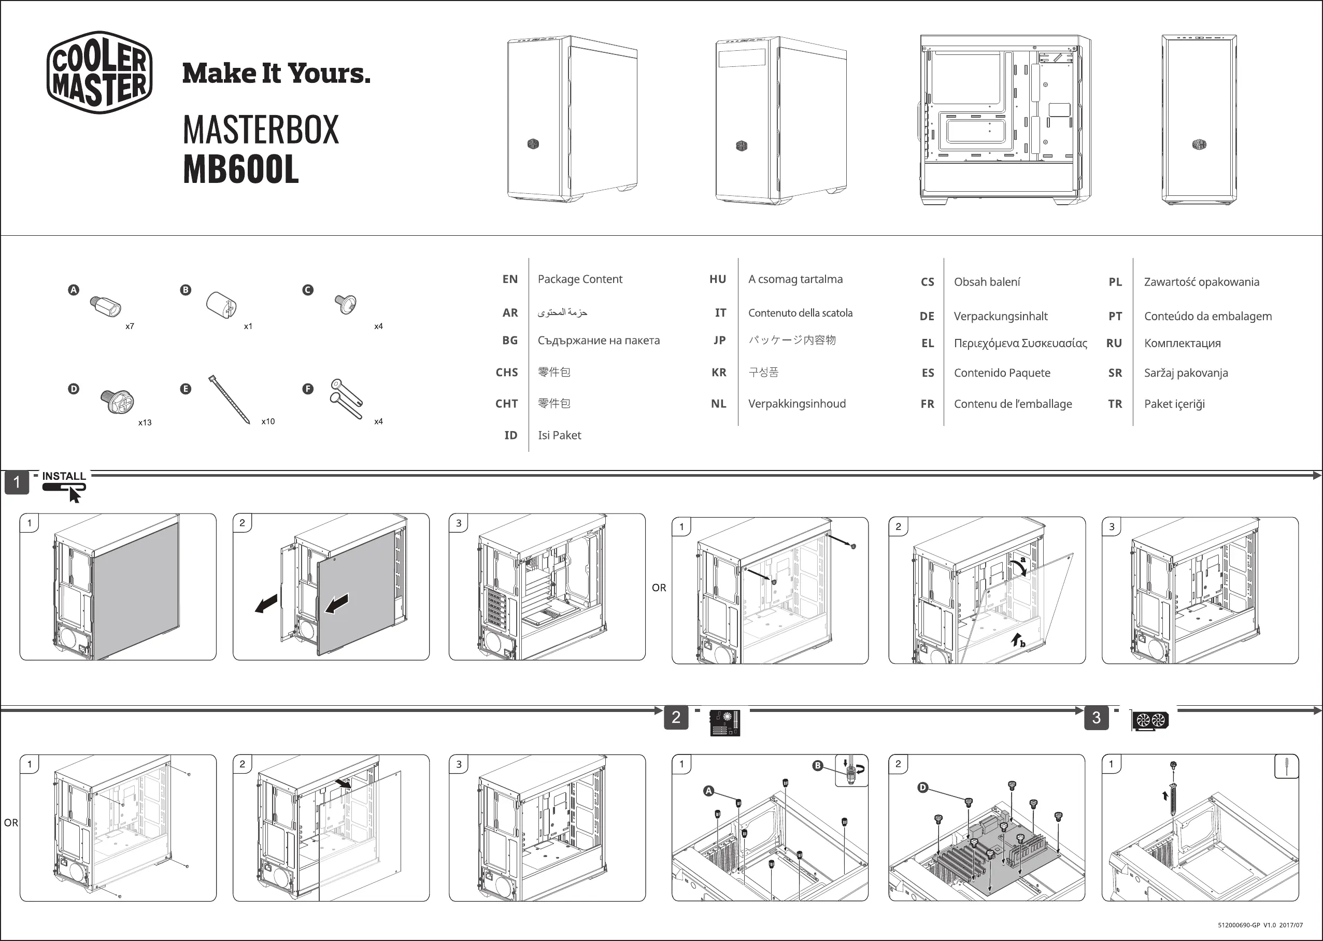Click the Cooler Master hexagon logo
click(x=99, y=73)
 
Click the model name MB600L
click(x=240, y=169)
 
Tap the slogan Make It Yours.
click(x=276, y=74)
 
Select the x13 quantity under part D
click(x=145, y=422)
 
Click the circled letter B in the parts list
click(x=186, y=290)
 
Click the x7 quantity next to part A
click(x=130, y=326)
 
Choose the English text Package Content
click(x=579, y=279)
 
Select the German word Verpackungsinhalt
click(x=1000, y=317)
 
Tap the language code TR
click(x=1114, y=404)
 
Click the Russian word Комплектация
click(x=1182, y=343)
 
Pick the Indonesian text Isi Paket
click(x=559, y=435)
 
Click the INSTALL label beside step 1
click(x=64, y=476)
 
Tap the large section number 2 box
click(x=676, y=717)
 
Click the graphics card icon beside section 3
click(x=1150, y=720)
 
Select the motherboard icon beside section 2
click(x=725, y=722)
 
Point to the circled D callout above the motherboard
click(x=922, y=788)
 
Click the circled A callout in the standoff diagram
click(x=708, y=791)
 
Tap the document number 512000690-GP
click(x=1239, y=925)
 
